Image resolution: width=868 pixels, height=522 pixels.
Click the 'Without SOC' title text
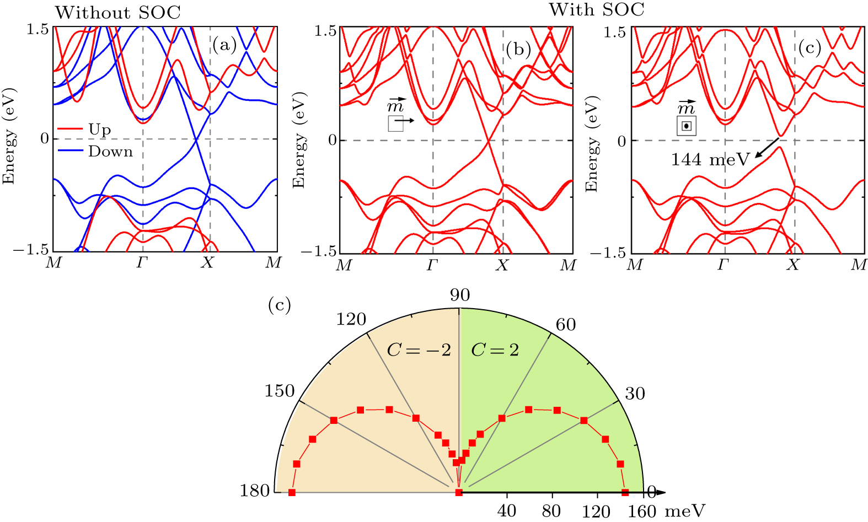pos(117,13)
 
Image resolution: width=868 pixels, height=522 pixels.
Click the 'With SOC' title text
pos(596,9)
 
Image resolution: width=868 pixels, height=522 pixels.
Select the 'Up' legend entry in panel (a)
pos(99,130)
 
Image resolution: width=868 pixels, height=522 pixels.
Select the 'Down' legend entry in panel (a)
pos(110,152)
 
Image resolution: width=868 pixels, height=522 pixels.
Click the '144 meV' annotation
pos(710,160)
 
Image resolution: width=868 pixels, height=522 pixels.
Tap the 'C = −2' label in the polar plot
pos(419,349)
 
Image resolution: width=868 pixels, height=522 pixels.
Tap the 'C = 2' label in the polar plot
pos(495,349)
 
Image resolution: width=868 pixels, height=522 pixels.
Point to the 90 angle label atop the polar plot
pos(459,295)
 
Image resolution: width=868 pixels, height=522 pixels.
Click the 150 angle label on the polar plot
pos(280,391)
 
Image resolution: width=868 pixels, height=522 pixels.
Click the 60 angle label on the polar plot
pos(565,325)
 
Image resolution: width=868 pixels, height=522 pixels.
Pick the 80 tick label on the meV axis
pos(551,511)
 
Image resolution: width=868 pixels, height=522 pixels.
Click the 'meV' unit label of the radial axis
pos(684,511)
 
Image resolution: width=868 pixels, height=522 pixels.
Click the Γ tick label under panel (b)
pos(432,266)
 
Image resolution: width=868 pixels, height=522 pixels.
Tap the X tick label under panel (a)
pos(207,263)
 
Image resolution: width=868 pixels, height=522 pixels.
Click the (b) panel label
pos(518,50)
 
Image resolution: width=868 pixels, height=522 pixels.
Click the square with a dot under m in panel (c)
pos(686,126)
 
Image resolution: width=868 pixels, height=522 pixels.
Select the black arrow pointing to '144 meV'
pos(767,148)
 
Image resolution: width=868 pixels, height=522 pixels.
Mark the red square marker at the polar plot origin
pos(459,492)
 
